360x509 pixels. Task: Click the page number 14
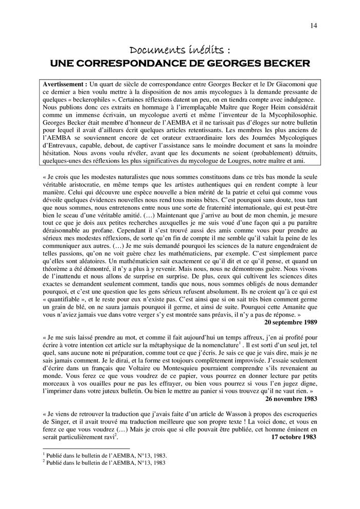click(314, 25)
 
